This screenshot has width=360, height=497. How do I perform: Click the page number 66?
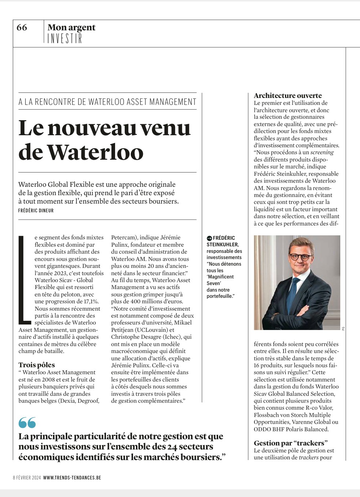point(22,28)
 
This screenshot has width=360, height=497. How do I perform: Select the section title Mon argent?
point(71,27)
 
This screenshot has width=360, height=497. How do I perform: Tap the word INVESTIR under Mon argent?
point(65,38)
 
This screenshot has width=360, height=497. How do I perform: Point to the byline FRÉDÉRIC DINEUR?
point(36,210)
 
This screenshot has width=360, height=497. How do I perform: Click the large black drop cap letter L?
point(24,280)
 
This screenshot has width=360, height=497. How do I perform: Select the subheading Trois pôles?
point(37,365)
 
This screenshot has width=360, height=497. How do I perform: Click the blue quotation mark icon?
point(27,422)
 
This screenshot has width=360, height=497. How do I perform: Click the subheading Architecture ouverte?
point(288,95)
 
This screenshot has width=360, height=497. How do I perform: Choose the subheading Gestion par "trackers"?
point(291,443)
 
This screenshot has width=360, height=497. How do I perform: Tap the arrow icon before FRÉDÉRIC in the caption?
point(209,238)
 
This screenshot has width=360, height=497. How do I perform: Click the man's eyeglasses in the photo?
point(300,257)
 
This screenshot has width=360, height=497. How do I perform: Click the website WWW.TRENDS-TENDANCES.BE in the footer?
point(72,478)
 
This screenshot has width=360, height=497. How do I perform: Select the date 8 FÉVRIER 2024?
point(27,478)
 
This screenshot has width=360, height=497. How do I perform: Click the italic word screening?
point(322,152)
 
